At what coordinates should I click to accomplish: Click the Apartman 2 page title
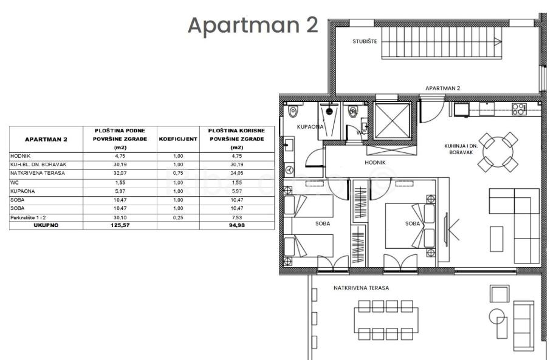point(253,25)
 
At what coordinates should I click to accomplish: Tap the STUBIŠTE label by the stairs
point(365,41)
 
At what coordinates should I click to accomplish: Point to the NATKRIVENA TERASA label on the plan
point(361,288)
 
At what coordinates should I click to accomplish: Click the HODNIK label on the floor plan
point(375,162)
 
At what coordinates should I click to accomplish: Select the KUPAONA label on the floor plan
point(310,126)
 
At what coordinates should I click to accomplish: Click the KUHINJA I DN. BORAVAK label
point(461,149)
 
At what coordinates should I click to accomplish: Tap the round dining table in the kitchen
point(498,152)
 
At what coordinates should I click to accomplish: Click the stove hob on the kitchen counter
point(519,109)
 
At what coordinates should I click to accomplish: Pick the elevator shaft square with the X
point(392,121)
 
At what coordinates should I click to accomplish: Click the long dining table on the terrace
point(386,320)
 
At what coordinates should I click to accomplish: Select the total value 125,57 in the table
point(120,225)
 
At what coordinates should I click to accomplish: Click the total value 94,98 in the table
point(237,225)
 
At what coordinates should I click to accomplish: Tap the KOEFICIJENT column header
point(178,139)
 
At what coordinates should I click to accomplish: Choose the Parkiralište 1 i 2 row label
point(28,217)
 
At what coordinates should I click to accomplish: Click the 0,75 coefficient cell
point(178,174)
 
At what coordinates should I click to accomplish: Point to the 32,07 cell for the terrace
point(120,174)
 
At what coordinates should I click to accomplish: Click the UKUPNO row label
point(46,225)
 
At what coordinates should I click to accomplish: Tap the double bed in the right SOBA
point(410,226)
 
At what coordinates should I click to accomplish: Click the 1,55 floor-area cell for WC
point(120,182)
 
